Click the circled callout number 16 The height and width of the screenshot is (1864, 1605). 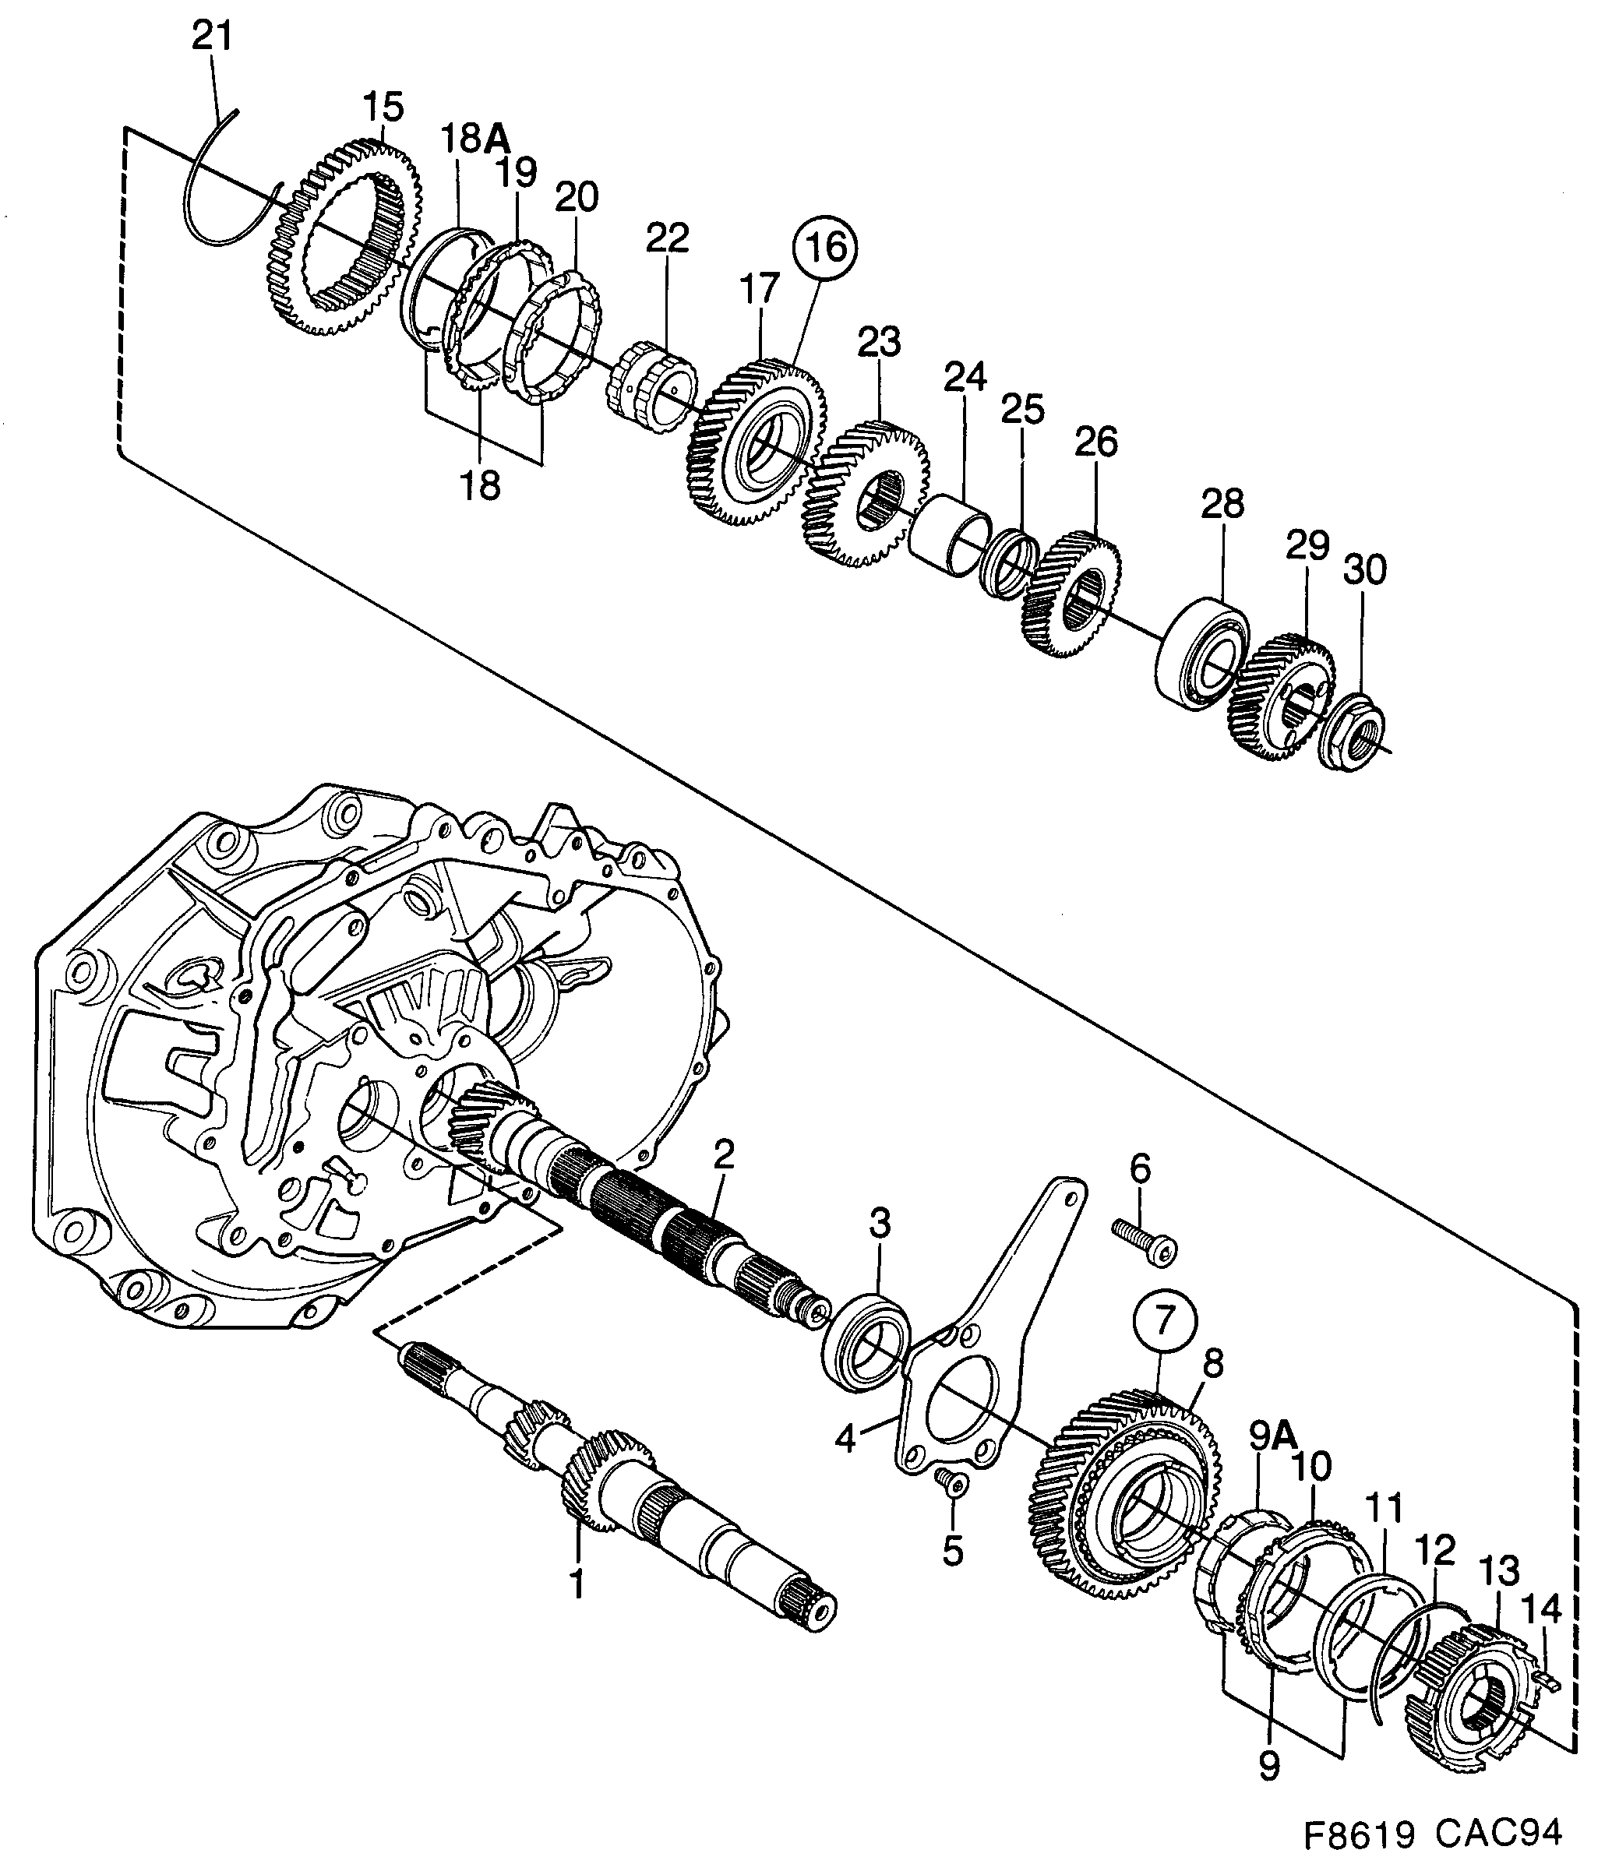[824, 245]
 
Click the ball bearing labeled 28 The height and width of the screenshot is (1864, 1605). [1201, 654]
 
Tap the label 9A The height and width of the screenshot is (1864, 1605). [1270, 1436]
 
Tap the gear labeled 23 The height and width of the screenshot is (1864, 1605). [866, 495]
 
